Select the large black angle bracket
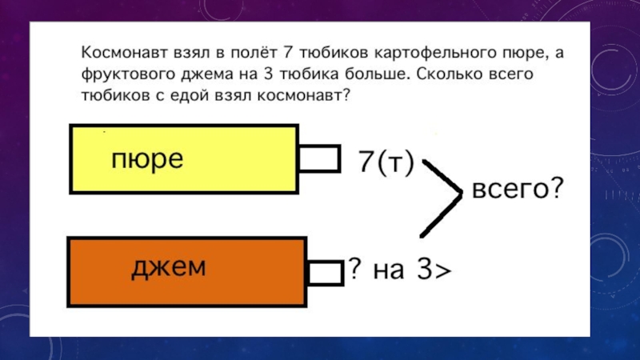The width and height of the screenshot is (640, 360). click(x=444, y=195)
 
